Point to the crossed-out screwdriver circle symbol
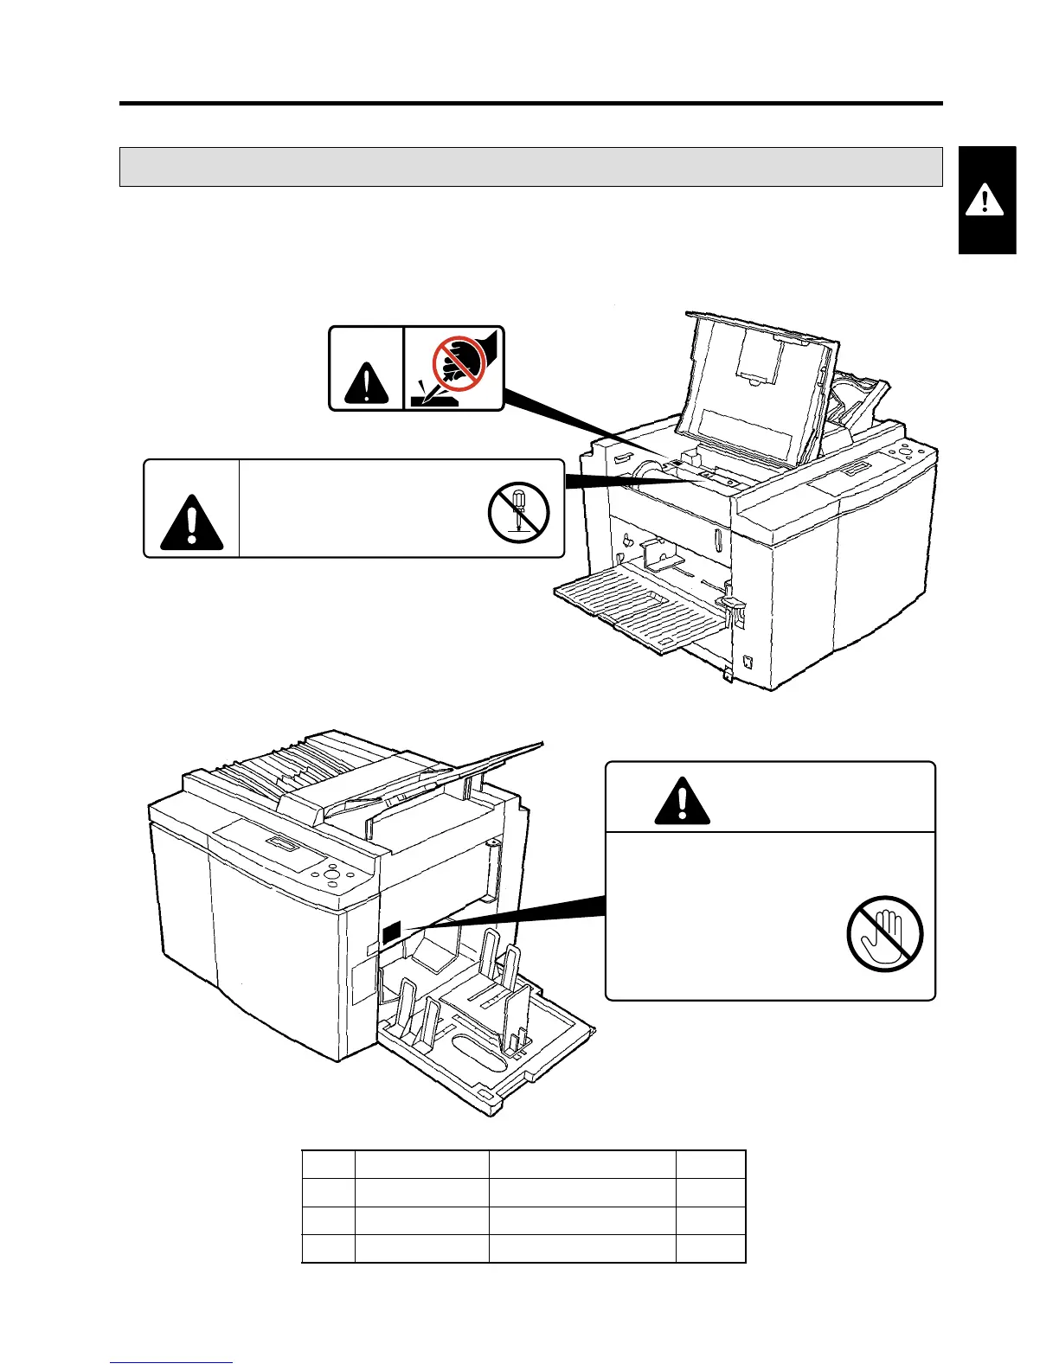tap(518, 510)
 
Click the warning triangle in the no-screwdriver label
tap(192, 522)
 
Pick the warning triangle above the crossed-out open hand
tap(683, 801)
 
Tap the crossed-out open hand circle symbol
tap(885, 935)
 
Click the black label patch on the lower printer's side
tap(390, 931)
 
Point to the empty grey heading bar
tap(530, 167)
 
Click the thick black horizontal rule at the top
tap(530, 104)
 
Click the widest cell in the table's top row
tap(582, 1164)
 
